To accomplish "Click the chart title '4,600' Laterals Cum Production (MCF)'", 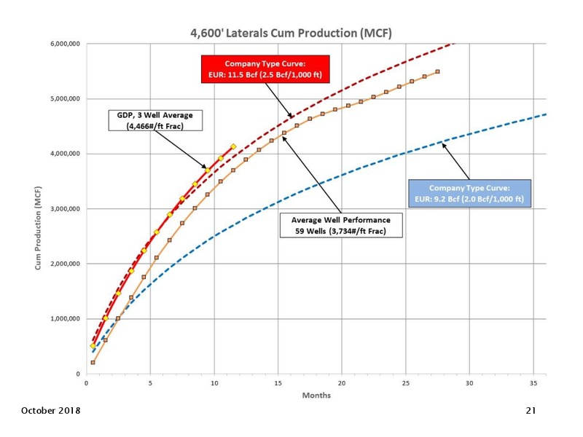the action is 291,33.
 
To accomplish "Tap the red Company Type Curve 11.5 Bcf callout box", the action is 265,69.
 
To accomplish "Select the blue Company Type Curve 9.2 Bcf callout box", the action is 469,193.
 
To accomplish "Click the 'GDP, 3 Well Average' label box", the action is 155,120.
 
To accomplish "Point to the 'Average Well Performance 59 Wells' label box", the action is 341,225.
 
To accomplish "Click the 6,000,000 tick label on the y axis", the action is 65,44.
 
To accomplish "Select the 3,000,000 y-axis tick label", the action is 65,209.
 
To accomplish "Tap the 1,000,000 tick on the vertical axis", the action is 65,319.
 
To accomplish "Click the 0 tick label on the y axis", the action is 78,374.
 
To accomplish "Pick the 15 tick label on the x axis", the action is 278,383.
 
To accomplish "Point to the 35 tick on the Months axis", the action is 533,383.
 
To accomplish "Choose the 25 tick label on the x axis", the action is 406,383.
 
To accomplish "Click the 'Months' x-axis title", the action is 316,395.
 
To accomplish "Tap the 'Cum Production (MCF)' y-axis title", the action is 38,228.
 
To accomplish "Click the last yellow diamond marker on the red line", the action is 233,147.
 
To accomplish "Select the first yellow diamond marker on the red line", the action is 93,346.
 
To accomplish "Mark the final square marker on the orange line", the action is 438,71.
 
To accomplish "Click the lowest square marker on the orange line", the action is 93,362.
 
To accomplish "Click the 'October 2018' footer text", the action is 50,411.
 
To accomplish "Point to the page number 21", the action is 531,411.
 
